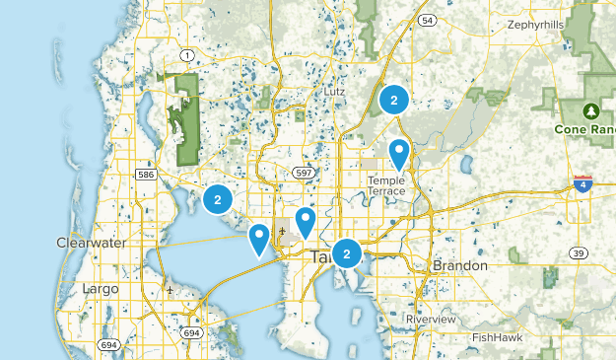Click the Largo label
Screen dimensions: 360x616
101,289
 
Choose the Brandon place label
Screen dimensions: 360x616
460,266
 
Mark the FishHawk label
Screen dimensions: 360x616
497,337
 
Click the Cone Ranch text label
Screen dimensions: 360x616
584,130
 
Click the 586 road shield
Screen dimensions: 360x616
146,175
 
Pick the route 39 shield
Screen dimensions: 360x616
579,253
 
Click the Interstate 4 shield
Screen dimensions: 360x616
583,183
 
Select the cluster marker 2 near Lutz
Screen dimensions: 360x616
394,100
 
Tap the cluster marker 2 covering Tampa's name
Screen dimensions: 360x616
347,253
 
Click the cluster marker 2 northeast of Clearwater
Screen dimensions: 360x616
217,199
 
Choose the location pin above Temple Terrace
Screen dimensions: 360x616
399,153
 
